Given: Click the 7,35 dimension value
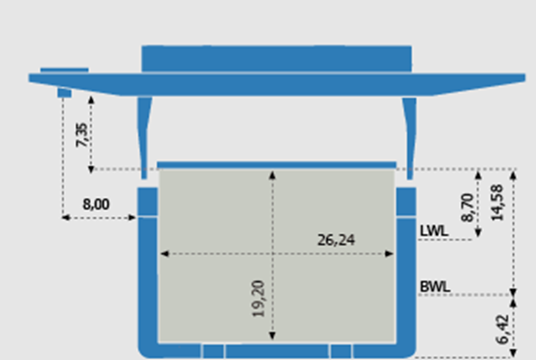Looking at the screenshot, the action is [82, 135].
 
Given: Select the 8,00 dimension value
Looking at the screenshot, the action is [96, 204].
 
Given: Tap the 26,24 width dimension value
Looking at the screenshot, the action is [336, 240].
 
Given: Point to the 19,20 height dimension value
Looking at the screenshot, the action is [259, 299].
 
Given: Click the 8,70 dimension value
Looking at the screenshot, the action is [468, 208].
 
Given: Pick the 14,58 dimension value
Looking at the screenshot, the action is [497, 202].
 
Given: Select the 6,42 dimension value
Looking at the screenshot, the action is [503, 329].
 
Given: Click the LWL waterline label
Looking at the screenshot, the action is [433, 231].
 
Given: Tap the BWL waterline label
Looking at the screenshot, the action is [435, 286].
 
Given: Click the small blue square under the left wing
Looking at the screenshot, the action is [64, 93].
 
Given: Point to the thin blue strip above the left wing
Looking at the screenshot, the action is [64, 70].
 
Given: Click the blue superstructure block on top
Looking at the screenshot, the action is [277, 58].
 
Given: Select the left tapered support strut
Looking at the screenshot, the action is [145, 138].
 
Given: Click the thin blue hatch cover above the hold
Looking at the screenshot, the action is [277, 166].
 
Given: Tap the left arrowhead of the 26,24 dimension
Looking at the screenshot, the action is [165, 254].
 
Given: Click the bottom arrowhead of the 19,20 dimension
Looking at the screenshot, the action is [272, 336].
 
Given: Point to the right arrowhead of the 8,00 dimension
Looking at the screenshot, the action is [132, 217].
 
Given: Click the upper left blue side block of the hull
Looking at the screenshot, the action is [148, 202].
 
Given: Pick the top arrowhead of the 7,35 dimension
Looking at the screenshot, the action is [91, 100].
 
